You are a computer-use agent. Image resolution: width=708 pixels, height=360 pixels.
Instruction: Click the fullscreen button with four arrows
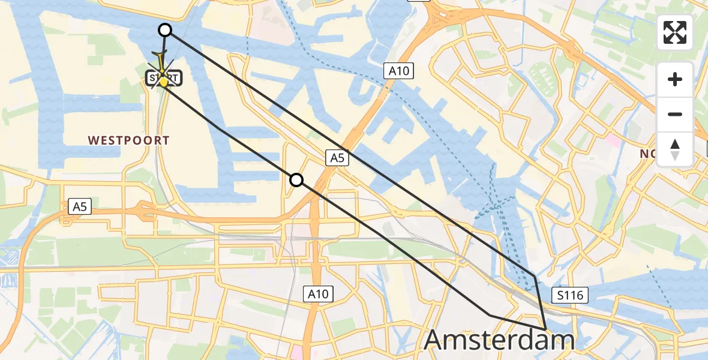[x=675, y=32]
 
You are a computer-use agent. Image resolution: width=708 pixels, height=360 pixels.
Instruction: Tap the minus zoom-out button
[x=675, y=114]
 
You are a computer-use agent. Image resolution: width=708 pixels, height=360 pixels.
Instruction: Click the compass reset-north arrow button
[x=675, y=149]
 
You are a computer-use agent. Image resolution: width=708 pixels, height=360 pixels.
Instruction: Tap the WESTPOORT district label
[x=128, y=140]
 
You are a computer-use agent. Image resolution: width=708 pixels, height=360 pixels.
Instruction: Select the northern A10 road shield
[x=398, y=71]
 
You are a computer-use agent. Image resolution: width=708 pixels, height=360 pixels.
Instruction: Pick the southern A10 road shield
[x=318, y=294]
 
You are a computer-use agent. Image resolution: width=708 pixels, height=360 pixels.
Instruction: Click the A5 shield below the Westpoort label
[x=80, y=207]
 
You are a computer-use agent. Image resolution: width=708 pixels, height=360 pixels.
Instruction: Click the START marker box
[x=163, y=79]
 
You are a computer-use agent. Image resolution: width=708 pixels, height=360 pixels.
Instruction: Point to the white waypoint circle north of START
[x=164, y=30]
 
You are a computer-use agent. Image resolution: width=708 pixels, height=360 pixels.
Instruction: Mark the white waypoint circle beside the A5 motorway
[x=296, y=179]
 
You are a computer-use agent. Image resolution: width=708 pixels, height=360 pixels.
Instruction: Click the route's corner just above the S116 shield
[x=535, y=276]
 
